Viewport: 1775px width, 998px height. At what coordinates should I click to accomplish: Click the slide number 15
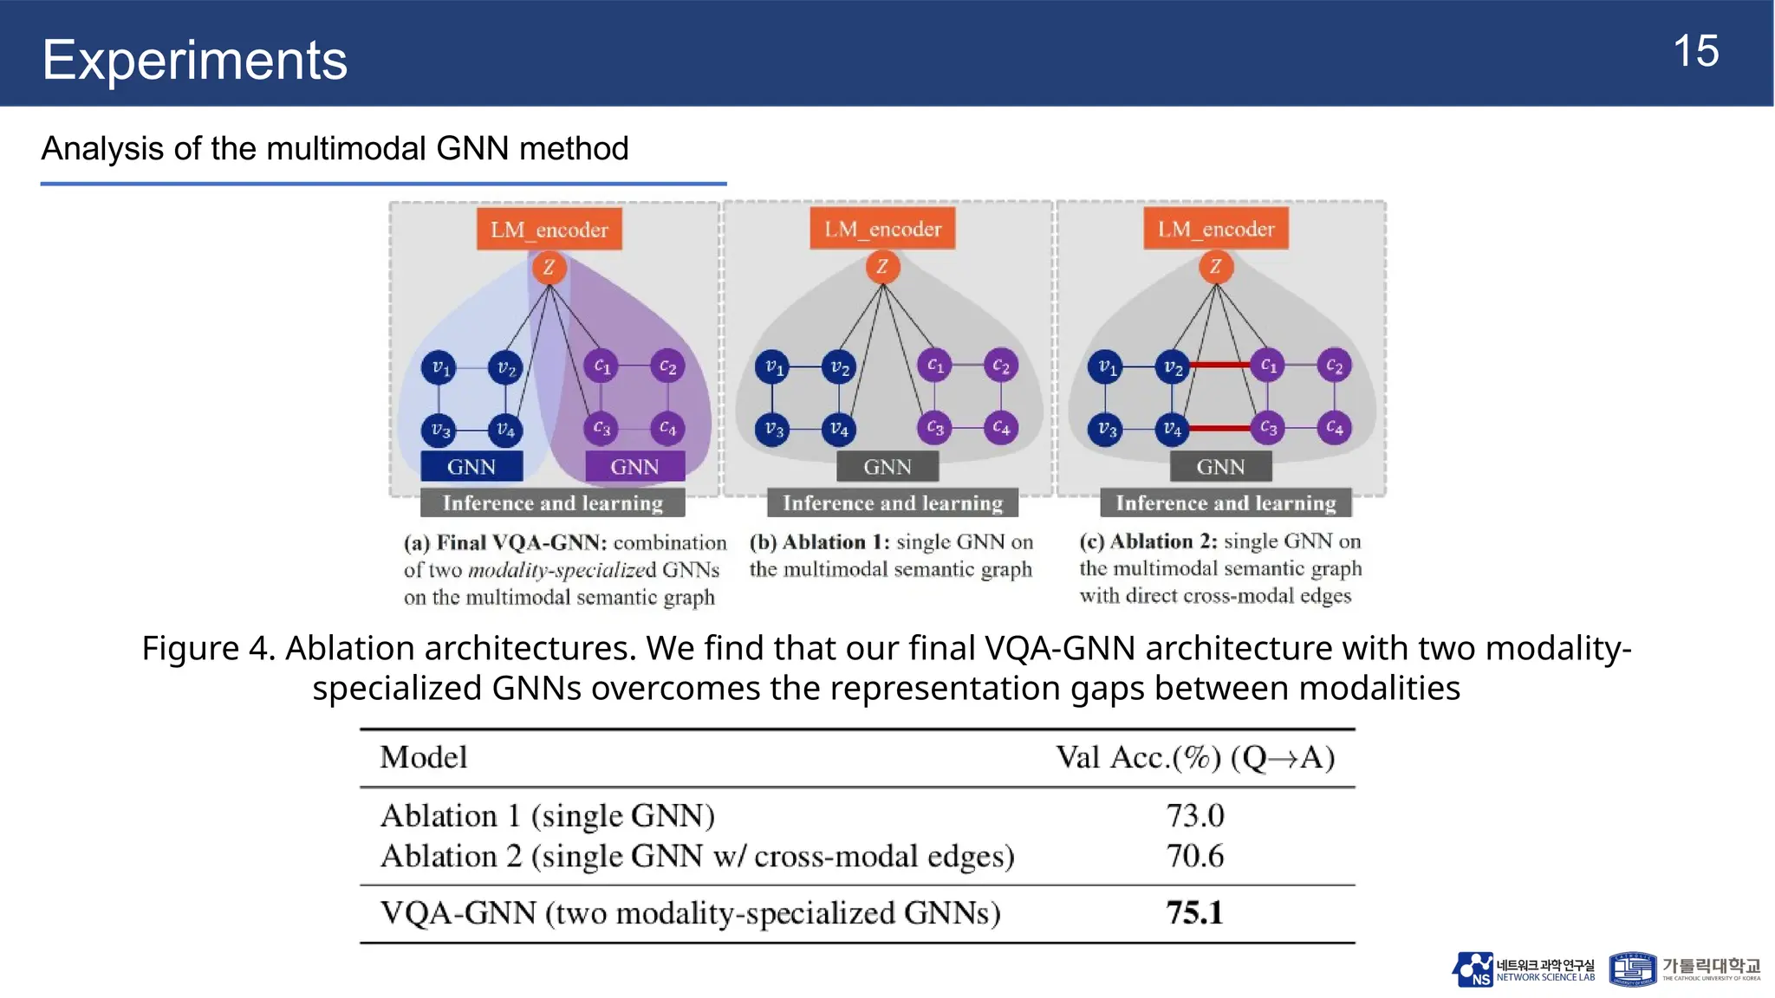(1695, 51)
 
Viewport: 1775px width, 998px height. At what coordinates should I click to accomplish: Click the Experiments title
(194, 60)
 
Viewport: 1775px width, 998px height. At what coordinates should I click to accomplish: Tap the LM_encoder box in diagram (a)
(549, 230)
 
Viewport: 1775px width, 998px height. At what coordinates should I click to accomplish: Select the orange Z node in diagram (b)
(882, 267)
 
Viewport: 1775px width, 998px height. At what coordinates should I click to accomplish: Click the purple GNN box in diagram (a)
(634, 467)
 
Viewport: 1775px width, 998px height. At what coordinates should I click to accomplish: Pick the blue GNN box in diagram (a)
(471, 467)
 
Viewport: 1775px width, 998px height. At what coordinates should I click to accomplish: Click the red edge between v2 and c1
(1220, 366)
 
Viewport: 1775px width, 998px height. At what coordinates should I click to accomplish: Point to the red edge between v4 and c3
(1220, 428)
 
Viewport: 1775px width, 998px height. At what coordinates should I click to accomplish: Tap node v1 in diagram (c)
(1107, 366)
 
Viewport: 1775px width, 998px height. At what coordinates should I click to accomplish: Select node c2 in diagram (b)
(1000, 366)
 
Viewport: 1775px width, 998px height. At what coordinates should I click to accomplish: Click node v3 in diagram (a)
(439, 429)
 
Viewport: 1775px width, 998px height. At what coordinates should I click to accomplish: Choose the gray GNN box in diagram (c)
(1220, 467)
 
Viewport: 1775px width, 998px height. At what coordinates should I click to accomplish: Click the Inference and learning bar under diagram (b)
(892, 503)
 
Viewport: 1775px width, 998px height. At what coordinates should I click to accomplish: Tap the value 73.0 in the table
(1194, 816)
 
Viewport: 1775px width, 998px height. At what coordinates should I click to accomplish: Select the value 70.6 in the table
(1194, 857)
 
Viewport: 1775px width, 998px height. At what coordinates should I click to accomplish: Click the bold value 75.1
(1194, 913)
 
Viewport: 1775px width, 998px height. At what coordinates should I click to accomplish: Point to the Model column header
(423, 758)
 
